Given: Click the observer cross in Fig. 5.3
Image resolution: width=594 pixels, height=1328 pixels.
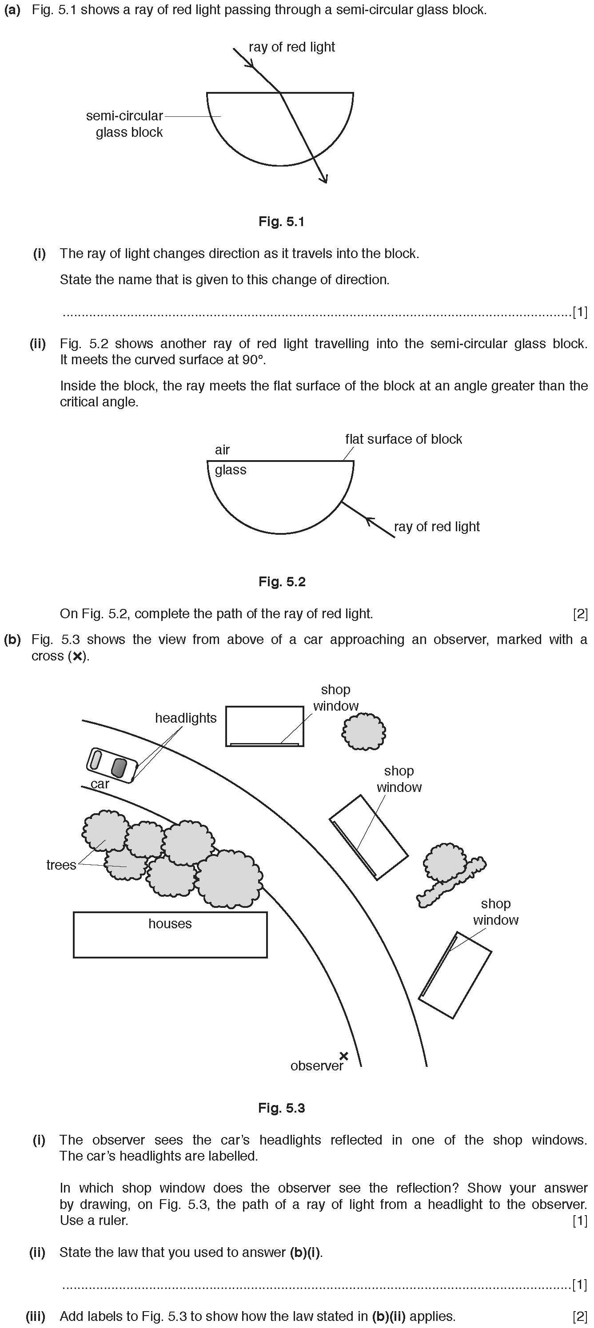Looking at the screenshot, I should pos(344,1056).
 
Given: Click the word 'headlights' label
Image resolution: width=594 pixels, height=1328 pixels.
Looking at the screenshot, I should pos(186,718).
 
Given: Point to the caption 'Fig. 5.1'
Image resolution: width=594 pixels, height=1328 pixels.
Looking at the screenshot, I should pos(282,222).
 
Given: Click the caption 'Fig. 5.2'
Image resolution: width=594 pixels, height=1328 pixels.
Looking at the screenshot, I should pos(282,581).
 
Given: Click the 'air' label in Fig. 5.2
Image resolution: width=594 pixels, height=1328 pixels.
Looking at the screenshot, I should pos(222,449).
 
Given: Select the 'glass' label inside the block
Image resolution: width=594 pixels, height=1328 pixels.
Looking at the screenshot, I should pos(231,469).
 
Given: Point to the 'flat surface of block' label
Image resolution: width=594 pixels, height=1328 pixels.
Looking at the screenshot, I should pos(403,439).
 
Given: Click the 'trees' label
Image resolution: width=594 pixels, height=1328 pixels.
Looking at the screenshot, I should pos(61,865).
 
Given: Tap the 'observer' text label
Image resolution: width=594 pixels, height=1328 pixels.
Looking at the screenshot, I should pos(316,1066).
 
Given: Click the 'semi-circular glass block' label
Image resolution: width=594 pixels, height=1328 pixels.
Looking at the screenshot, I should pos(125,124).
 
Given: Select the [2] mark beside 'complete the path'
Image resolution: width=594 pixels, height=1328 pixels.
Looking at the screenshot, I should pos(580,613).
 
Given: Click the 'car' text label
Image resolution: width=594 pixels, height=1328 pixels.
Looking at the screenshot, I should pos(100,784).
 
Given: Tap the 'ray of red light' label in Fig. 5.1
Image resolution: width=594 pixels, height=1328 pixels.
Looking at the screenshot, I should pos(291,47).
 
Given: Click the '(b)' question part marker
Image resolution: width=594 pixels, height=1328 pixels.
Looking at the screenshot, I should pos(12,639).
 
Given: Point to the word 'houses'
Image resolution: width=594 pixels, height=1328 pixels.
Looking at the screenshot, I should pos(170,923).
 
